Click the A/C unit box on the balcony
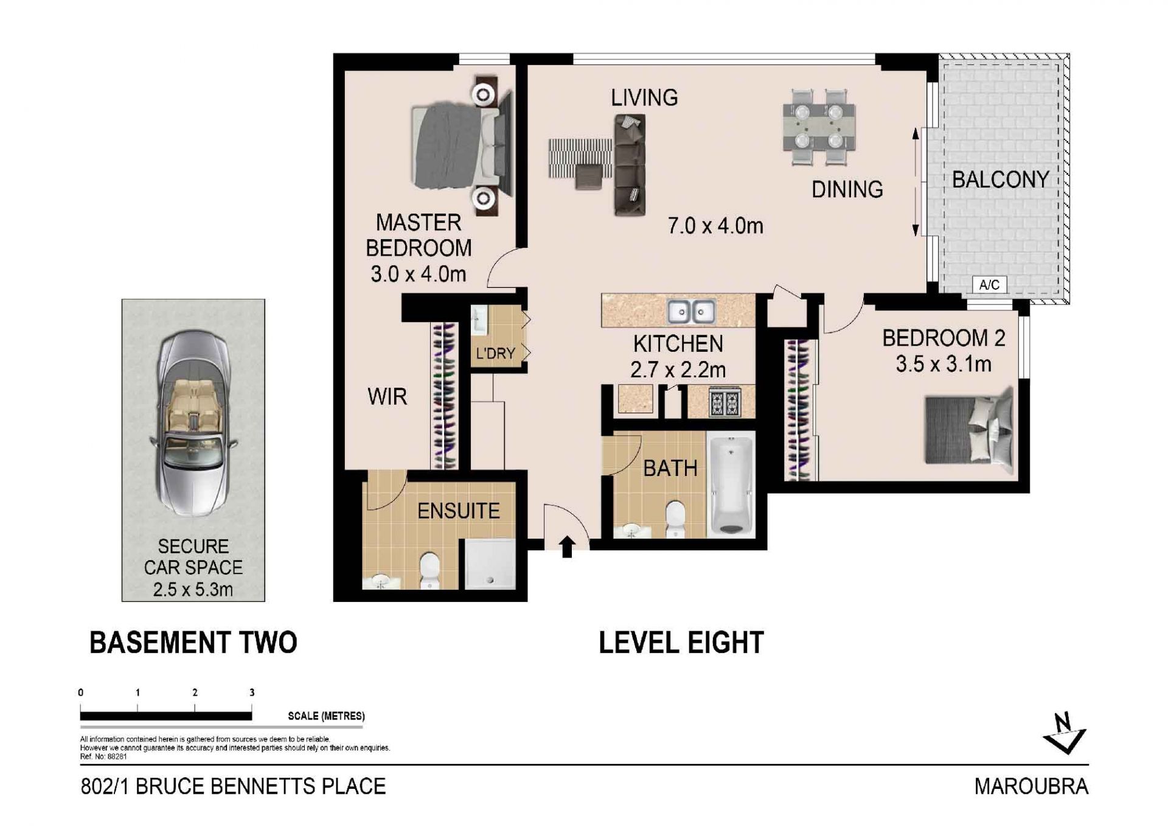(989, 284)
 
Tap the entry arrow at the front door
(566, 547)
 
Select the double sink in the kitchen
(690, 312)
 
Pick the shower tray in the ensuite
(490, 564)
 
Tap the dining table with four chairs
(819, 127)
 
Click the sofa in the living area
(630, 164)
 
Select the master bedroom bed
(461, 147)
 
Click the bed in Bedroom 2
(969, 429)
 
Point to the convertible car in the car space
(193, 423)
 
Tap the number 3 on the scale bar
(252, 692)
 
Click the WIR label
(387, 397)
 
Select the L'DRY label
(495, 353)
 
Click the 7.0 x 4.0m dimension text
(715, 226)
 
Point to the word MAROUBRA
(1031, 786)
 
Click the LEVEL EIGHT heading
(681, 643)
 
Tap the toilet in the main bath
(675, 519)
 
